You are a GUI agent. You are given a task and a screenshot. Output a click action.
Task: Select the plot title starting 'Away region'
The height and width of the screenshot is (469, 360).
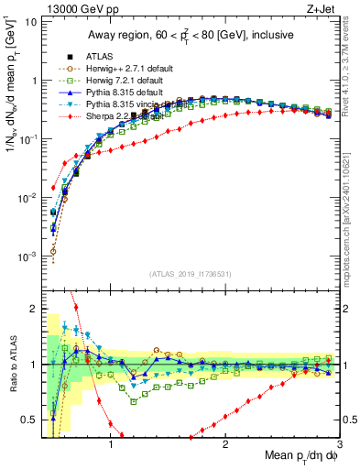(x=188, y=35)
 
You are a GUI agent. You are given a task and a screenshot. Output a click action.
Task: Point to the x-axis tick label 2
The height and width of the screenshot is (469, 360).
(x=225, y=440)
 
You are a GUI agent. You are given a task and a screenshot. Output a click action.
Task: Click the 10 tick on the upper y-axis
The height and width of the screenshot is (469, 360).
(x=31, y=21)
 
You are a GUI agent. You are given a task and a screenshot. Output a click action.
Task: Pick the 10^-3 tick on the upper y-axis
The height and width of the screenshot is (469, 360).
(x=27, y=256)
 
